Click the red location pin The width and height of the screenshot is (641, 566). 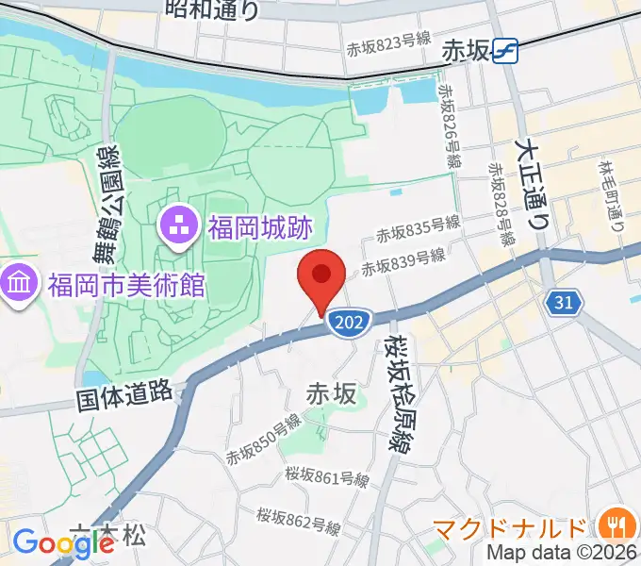coord(320,276)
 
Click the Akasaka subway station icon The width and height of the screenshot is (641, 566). coord(507,50)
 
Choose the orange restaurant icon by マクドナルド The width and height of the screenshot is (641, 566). coord(617,524)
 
